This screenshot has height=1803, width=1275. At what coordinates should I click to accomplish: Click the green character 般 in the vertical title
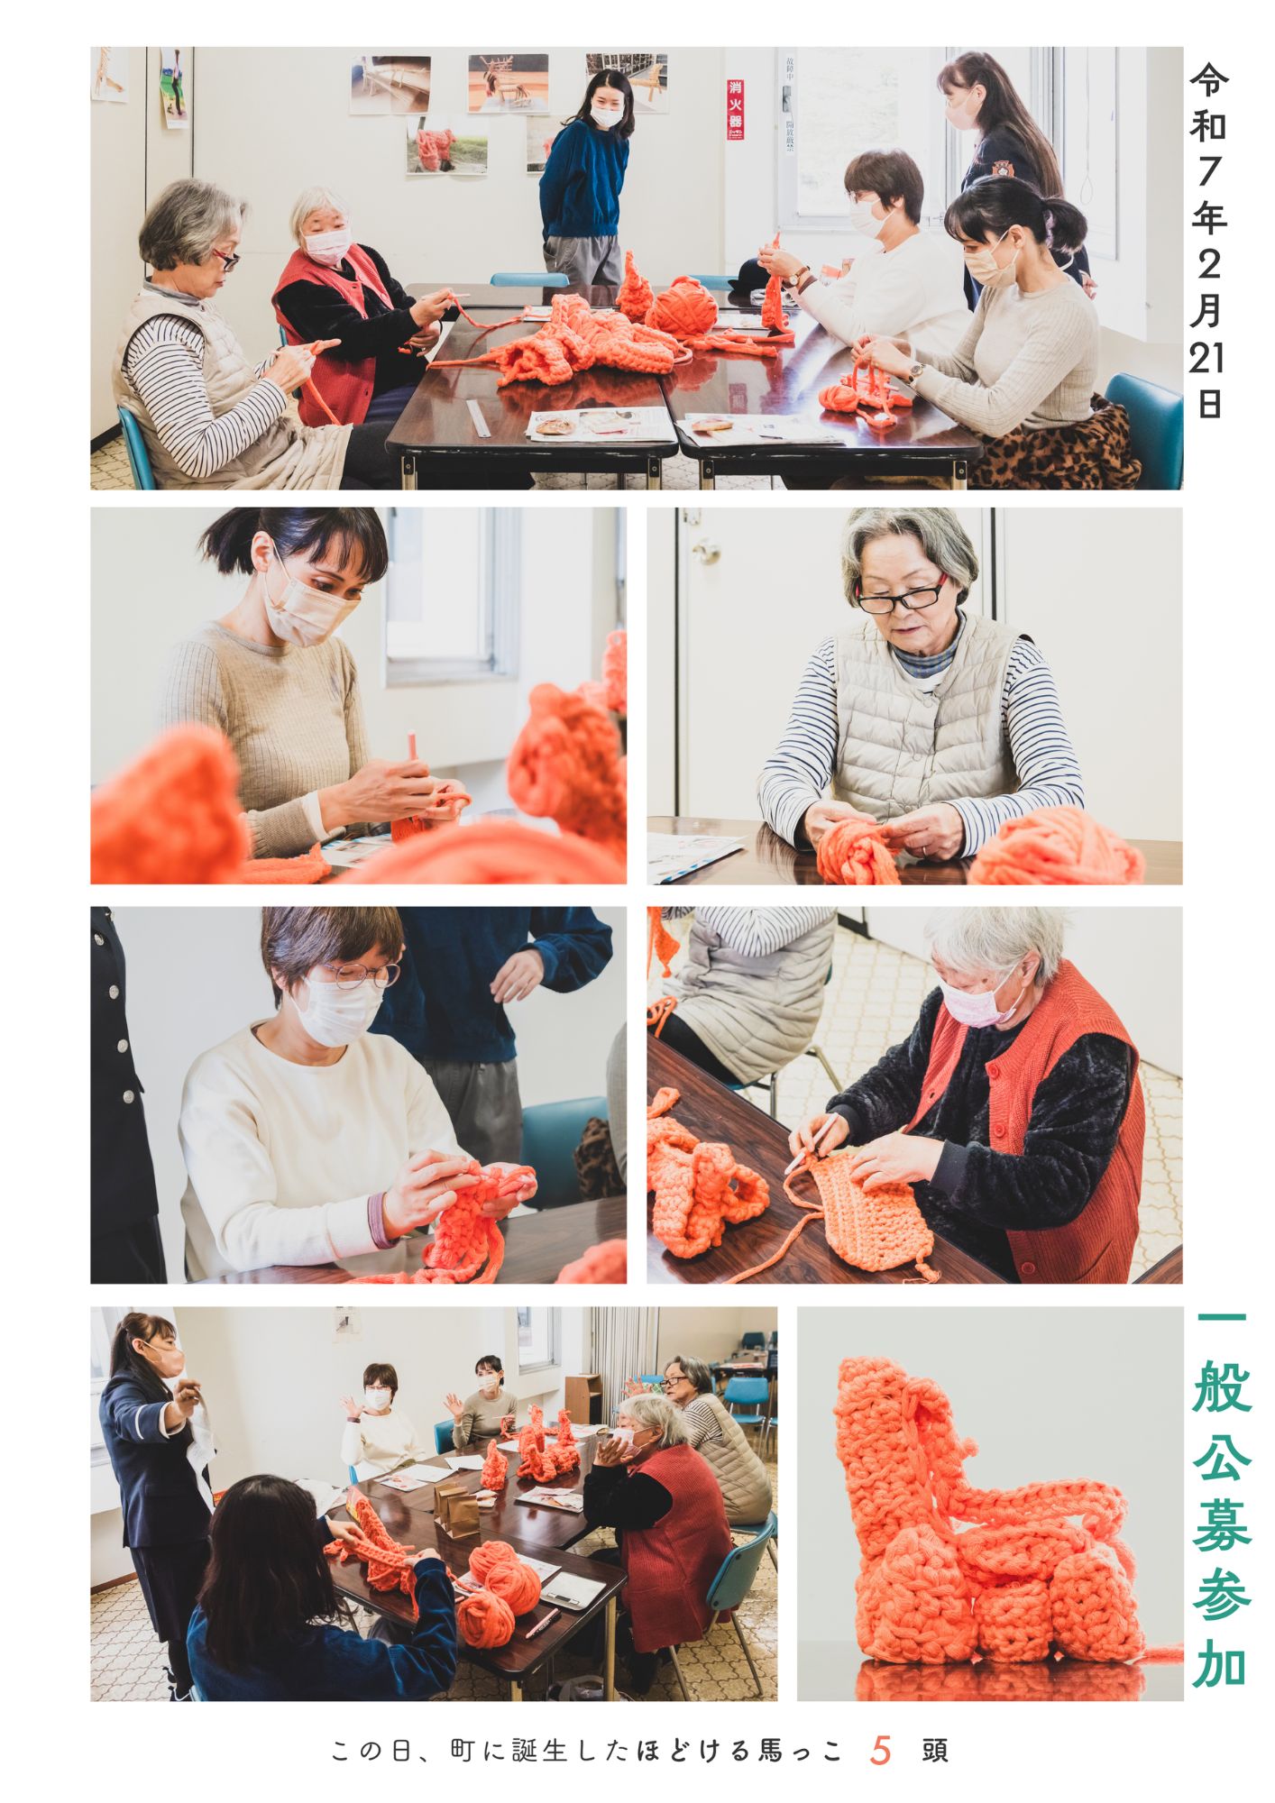pyautogui.click(x=1222, y=1393)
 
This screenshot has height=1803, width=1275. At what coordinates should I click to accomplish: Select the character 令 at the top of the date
pyautogui.click(x=1209, y=79)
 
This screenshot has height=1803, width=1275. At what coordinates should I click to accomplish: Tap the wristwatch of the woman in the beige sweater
pyautogui.click(x=916, y=371)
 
